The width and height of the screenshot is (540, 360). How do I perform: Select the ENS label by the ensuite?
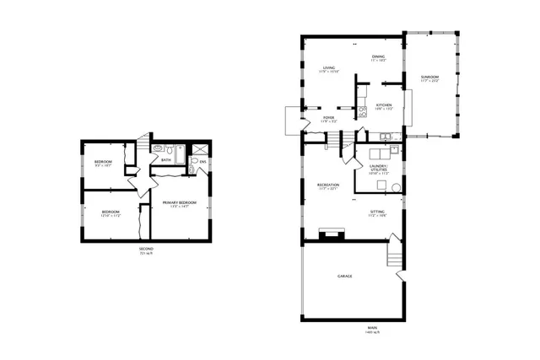pyautogui.click(x=202, y=161)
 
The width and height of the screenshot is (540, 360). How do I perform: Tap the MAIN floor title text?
pyautogui.click(x=371, y=328)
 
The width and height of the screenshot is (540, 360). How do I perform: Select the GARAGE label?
pyautogui.click(x=344, y=276)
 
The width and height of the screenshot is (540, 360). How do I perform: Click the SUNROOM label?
pyautogui.click(x=430, y=78)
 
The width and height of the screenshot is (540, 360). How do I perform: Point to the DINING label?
pyautogui.click(x=378, y=56)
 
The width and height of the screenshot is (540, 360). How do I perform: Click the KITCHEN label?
pyautogui.click(x=384, y=105)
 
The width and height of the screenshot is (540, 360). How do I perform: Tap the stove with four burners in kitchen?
pyautogui.click(x=362, y=110)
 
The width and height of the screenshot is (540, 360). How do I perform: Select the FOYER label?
pyautogui.click(x=328, y=118)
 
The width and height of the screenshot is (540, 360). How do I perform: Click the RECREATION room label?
pyautogui.click(x=328, y=185)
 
